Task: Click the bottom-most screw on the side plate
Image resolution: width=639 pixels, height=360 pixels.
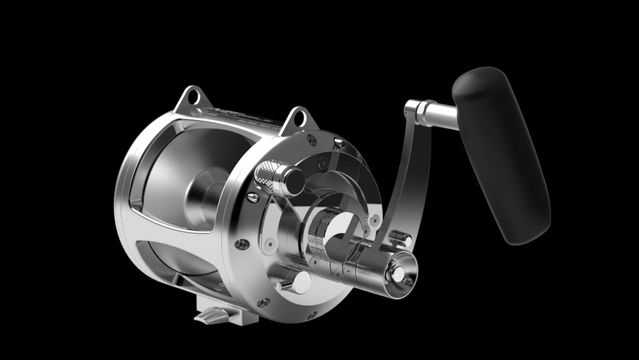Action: (312, 315)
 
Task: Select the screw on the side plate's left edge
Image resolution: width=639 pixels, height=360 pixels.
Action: (239, 243)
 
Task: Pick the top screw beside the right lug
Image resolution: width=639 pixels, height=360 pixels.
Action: (339, 142)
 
